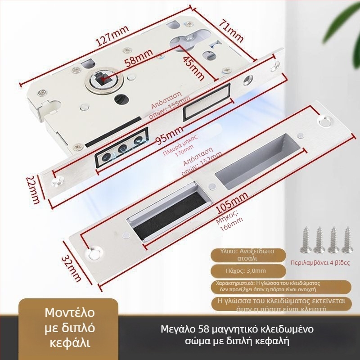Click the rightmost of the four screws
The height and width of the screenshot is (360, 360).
click(x=347, y=240)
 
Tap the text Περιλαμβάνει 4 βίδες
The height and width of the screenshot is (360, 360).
click(x=320, y=262)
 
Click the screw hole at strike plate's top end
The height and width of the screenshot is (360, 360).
click(x=323, y=120)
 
